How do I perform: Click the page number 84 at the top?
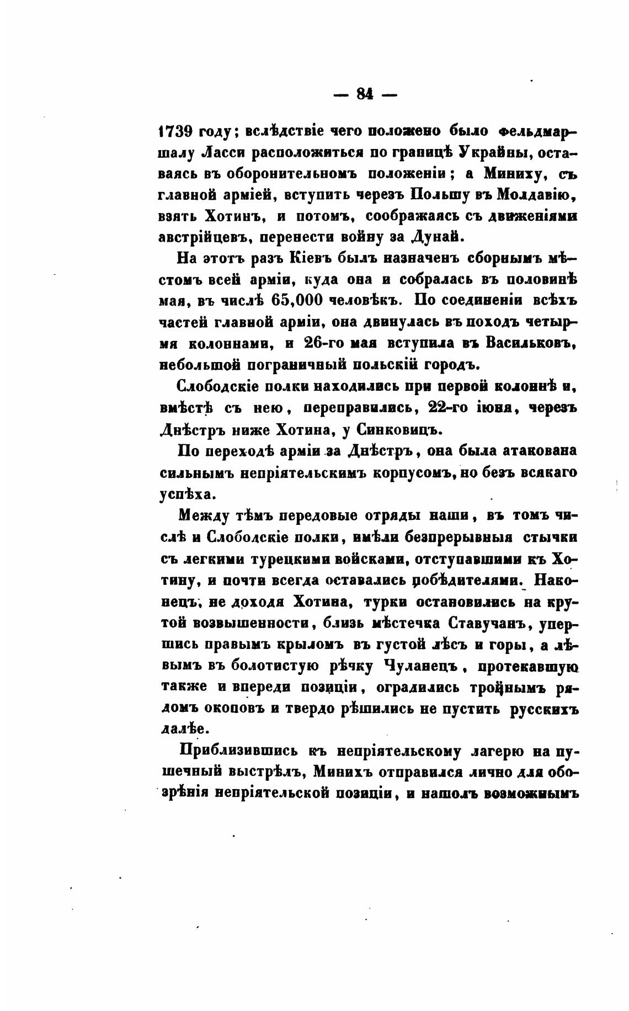[365, 94]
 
